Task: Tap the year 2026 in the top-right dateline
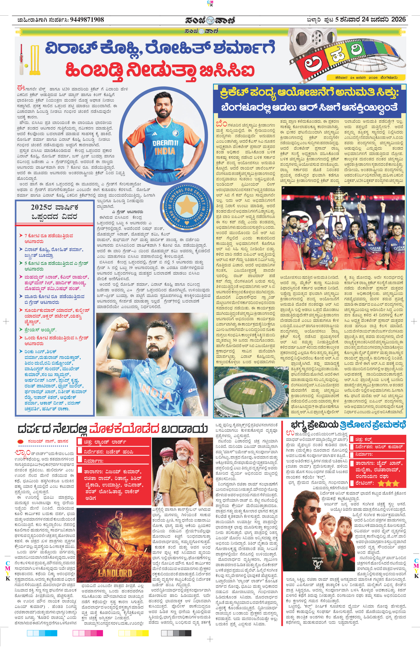click(398, 19)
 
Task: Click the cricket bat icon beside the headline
click(22, 59)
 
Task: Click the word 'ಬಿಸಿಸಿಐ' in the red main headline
click(227, 70)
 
